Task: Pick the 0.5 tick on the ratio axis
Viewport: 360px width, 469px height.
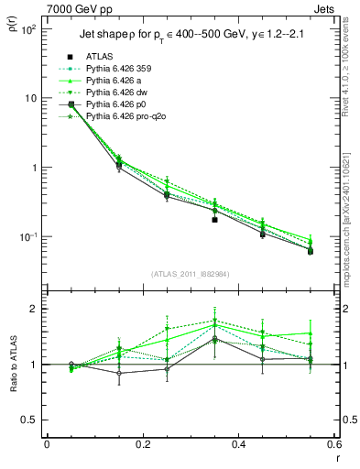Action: pos(31,420)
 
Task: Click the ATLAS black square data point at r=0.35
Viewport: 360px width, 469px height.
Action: pos(214,220)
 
